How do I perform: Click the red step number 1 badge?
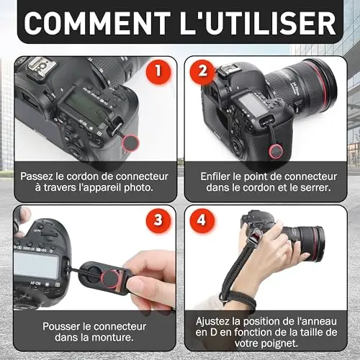tap(158, 71)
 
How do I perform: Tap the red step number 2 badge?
tap(202, 71)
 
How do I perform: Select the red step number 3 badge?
tap(158, 220)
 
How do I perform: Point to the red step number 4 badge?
tap(202, 220)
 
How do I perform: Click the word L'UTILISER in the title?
tap(258, 23)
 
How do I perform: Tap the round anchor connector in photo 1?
tap(131, 143)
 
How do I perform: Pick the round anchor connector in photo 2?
tap(276, 151)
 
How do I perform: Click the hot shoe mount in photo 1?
tap(42, 68)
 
